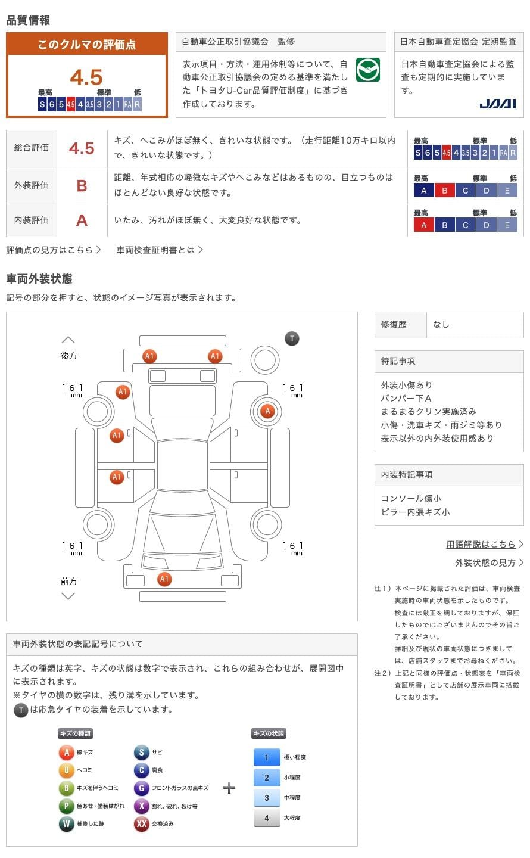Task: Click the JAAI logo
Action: click(497, 104)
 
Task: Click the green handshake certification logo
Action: click(367, 70)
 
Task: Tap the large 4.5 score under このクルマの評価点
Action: click(86, 77)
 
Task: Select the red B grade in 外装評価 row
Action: click(82, 185)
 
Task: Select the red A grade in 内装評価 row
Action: click(82, 220)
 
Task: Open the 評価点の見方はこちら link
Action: click(50, 250)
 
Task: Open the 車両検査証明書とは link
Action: click(156, 250)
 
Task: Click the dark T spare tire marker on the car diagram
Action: click(292, 339)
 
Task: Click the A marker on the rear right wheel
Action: click(267, 411)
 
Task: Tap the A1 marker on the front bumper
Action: click(164, 579)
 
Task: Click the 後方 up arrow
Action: click(68, 340)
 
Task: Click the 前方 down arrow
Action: click(68, 596)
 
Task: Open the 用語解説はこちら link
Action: click(481, 545)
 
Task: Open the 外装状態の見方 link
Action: click(485, 563)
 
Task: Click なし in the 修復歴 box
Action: click(441, 325)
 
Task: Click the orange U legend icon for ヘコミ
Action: click(66, 770)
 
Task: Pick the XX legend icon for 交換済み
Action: click(141, 824)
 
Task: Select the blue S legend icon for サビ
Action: click(141, 753)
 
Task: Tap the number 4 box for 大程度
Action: click(266, 818)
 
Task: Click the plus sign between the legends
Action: click(229, 788)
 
